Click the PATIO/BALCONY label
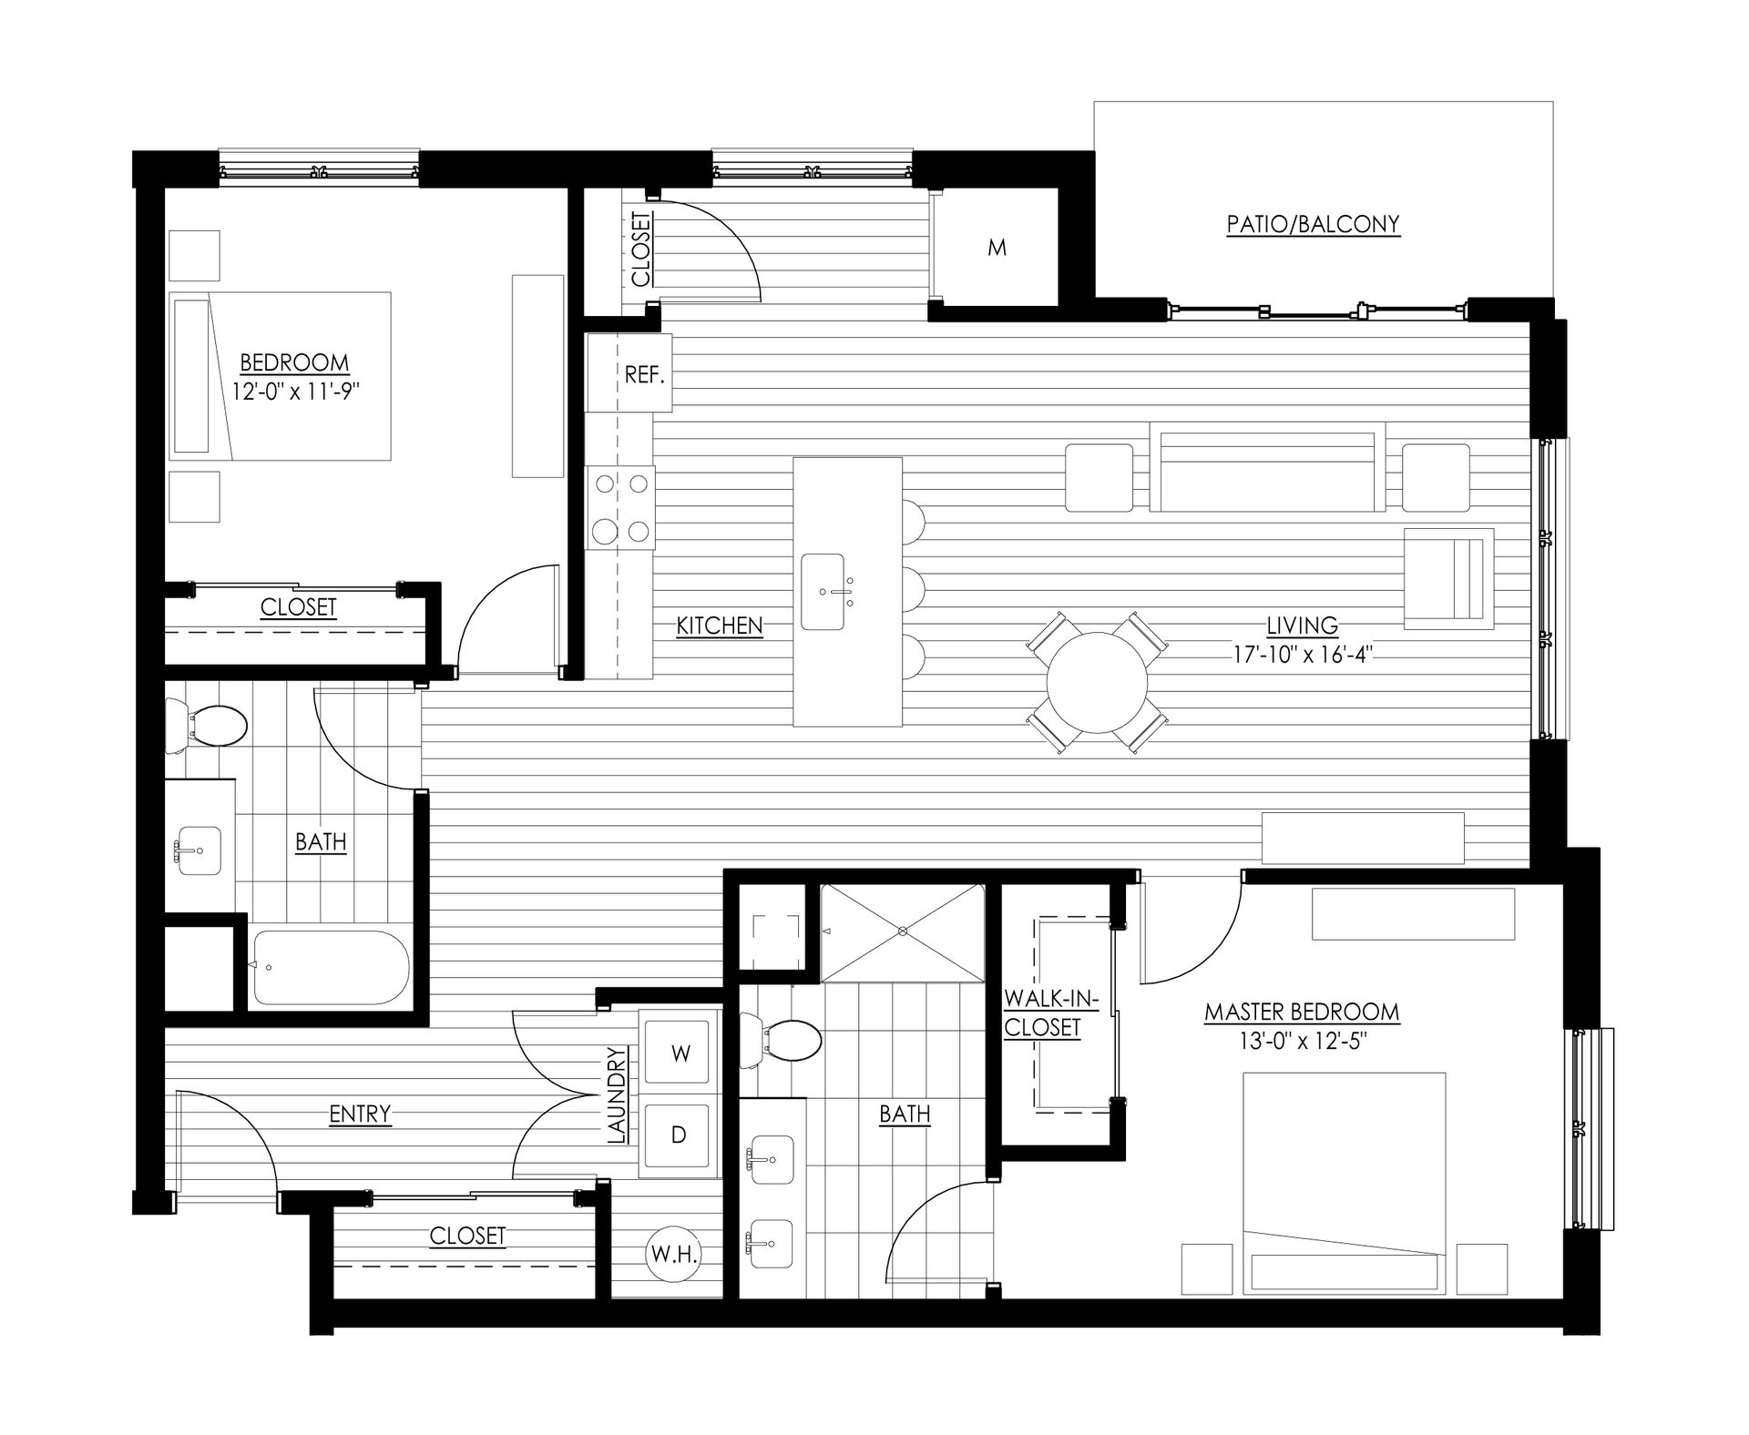click(1312, 224)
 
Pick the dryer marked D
click(678, 1135)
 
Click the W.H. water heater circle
click(674, 1256)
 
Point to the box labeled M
click(997, 248)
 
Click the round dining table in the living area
click(1097, 683)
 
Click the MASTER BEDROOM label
click(1301, 1012)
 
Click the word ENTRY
click(360, 1114)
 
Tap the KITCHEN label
click(719, 626)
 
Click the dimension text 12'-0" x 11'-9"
click(293, 391)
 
